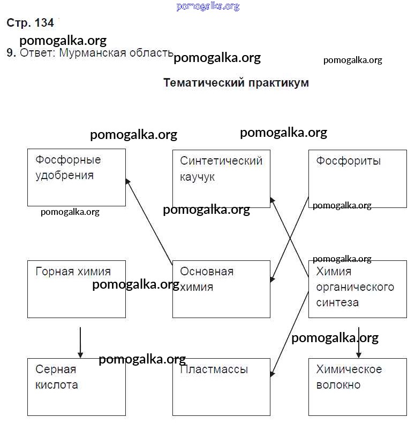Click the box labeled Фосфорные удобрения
pyautogui.click(x=77, y=177)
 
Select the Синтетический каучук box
pyautogui.click(x=221, y=179)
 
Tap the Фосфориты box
pyautogui.click(x=357, y=179)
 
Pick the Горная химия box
pyautogui.click(x=77, y=289)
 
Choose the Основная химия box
pyautogui.click(x=221, y=289)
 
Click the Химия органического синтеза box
pyautogui.click(x=357, y=289)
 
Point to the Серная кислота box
pyautogui.click(x=77, y=387)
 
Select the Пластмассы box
pyautogui.click(x=221, y=387)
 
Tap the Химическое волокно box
pyautogui.click(x=357, y=387)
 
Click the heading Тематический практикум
pyautogui.click(x=236, y=83)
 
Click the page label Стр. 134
pyautogui.click(x=31, y=23)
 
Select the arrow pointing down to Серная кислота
pyautogui.click(x=80, y=342)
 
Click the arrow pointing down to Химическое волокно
pyautogui.click(x=359, y=342)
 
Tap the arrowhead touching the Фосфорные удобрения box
pyautogui.click(x=128, y=182)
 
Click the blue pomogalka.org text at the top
pyautogui.click(x=207, y=6)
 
